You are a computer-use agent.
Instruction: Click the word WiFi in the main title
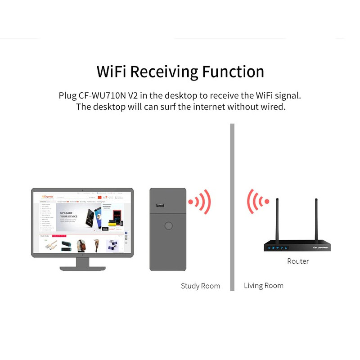click(x=112, y=72)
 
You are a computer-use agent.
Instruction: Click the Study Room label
click(x=200, y=286)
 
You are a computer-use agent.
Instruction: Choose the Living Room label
click(x=264, y=285)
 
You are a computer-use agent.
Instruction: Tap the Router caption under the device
click(x=298, y=261)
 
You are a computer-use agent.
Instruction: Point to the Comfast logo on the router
click(x=319, y=247)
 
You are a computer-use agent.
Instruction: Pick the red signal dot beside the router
click(x=266, y=201)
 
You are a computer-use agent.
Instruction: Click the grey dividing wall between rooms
click(x=232, y=207)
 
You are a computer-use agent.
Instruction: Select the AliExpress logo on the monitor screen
click(x=48, y=197)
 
